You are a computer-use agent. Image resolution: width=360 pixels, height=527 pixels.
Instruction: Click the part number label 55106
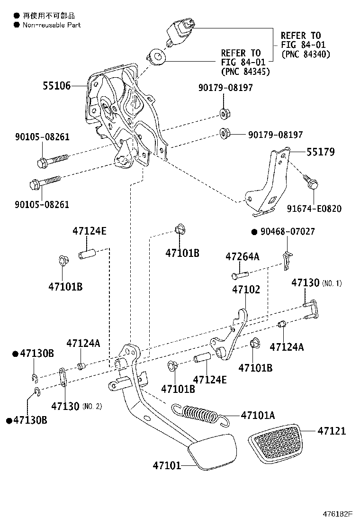56,86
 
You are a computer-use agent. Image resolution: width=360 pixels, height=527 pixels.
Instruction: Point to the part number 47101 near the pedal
167,465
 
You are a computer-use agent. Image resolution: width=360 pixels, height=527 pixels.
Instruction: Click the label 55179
320,152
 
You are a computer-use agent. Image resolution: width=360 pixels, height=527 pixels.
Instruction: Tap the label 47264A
242,257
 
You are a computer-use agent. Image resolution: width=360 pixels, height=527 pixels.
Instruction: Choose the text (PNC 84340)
306,54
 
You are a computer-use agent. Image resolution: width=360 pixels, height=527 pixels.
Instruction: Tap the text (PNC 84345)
245,72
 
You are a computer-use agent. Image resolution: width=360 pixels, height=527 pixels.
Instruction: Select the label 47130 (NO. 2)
76,406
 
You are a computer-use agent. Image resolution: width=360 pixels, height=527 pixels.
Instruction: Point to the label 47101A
258,416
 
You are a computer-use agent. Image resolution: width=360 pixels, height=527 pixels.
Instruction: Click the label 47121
332,431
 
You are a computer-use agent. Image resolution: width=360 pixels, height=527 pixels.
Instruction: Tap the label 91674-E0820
314,209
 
